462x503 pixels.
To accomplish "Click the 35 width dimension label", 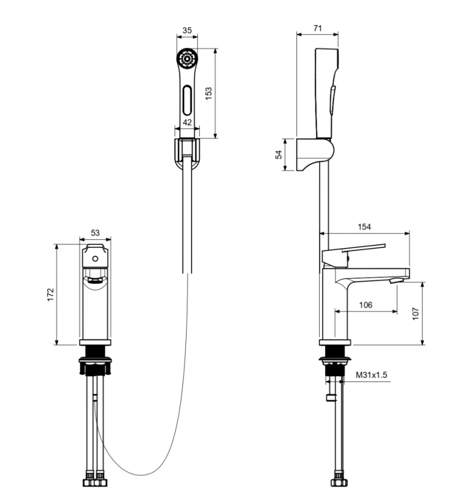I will click(187, 31).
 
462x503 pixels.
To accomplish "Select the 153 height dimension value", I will click(209, 93).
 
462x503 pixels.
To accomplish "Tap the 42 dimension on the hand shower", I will click(187, 122).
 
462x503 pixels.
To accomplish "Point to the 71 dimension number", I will click(318, 29).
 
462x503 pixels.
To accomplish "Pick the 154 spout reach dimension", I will click(364, 226).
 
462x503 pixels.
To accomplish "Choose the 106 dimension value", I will click(365, 305).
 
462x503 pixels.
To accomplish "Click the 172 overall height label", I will click(50, 295).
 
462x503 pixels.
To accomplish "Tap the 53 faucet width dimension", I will click(95, 233).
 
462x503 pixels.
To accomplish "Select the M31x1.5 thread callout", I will click(372, 375).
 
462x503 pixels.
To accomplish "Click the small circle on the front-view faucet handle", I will click(95, 259).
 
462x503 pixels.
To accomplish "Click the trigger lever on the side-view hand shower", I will click(333, 100).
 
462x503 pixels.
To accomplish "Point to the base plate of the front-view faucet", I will click(95, 342).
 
